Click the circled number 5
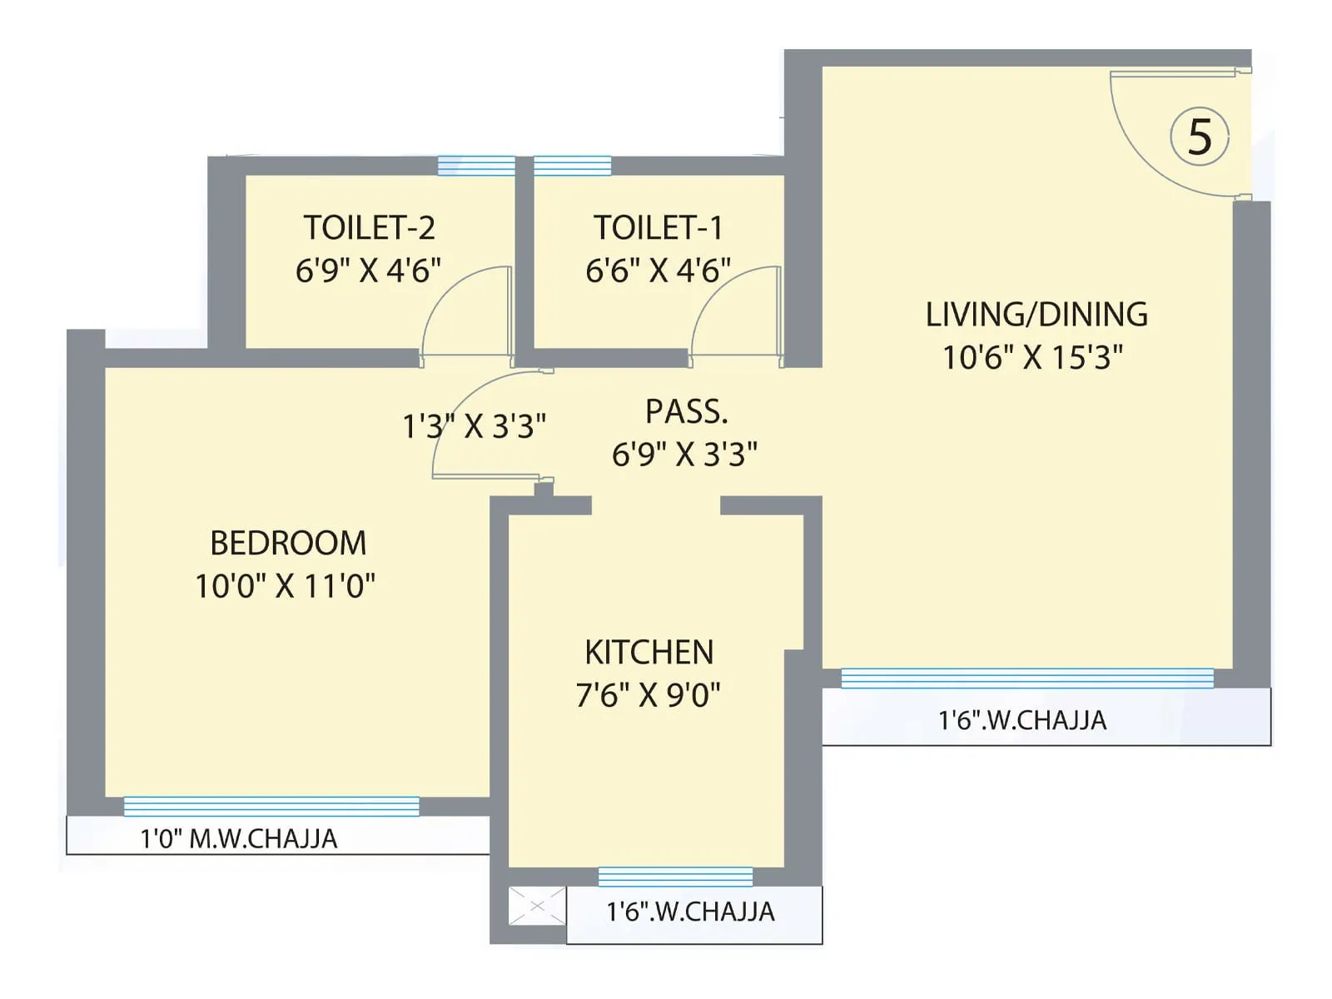[x=1200, y=137]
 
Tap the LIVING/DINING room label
[x=1036, y=315]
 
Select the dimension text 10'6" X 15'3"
[x=1032, y=358]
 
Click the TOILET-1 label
[x=658, y=228]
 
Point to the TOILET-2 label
[x=369, y=228]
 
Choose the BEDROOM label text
[x=288, y=544]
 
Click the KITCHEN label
[x=649, y=653]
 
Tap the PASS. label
[x=687, y=412]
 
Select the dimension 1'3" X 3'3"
[x=474, y=426]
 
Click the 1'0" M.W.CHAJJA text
[x=239, y=838]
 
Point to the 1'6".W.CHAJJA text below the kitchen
[x=690, y=912]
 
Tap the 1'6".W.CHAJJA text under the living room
[x=1022, y=720]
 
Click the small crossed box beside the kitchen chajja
[x=537, y=906]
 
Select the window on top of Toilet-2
[x=476, y=166]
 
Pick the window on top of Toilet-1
[x=572, y=166]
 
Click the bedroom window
[x=271, y=806]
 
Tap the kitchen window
[x=675, y=877]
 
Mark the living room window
[x=1026, y=678]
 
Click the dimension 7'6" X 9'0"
[x=648, y=695]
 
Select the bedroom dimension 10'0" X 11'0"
[x=285, y=586]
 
